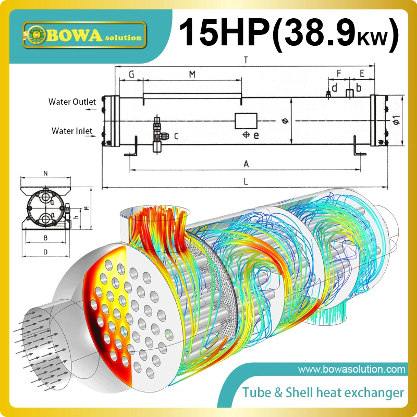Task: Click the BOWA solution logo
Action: (x=82, y=34)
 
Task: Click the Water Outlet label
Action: (x=72, y=102)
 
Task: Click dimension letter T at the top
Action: (x=245, y=60)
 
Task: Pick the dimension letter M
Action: (x=192, y=75)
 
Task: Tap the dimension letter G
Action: (x=131, y=75)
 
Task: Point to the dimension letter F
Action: (x=339, y=73)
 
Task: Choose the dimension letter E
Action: (x=362, y=73)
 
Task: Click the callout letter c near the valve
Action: (x=176, y=137)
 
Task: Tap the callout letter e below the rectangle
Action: (x=256, y=136)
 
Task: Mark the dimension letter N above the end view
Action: (x=46, y=173)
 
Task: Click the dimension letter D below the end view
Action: (x=46, y=252)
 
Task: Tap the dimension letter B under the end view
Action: (x=46, y=238)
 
